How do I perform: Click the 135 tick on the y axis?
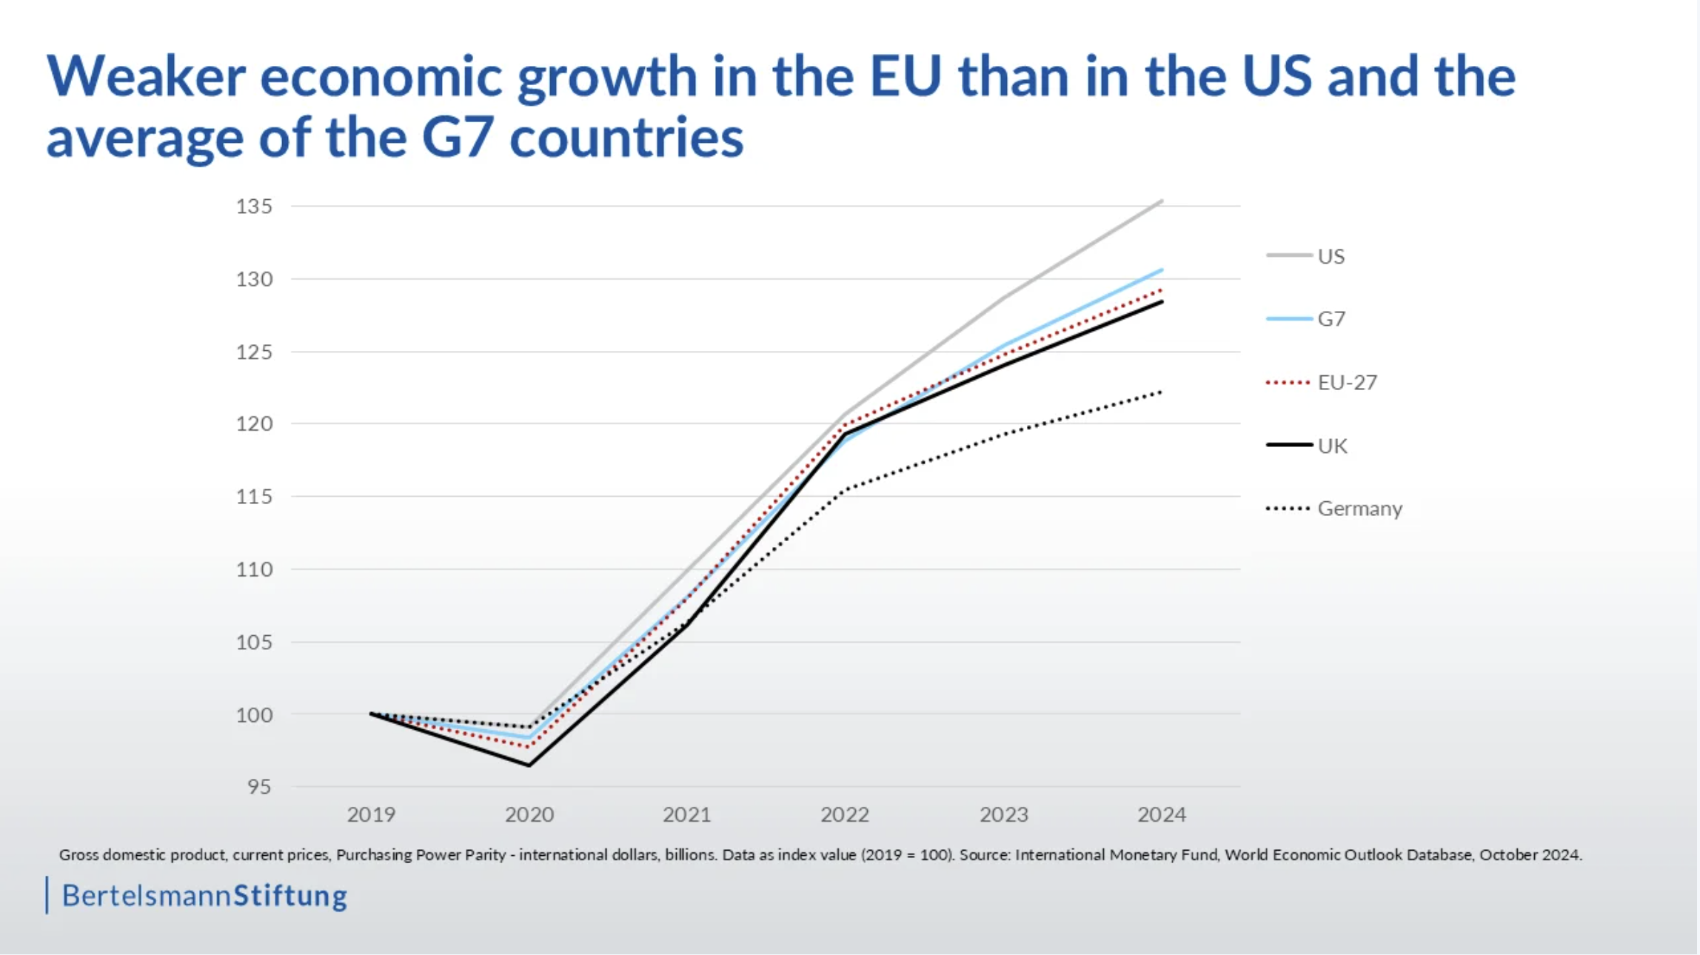pyautogui.click(x=254, y=206)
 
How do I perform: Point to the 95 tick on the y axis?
pyautogui.click(x=259, y=786)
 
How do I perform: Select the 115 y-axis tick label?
pyautogui.click(x=254, y=496)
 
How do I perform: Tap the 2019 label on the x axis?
pyautogui.click(x=371, y=814)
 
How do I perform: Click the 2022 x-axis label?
pyautogui.click(x=844, y=814)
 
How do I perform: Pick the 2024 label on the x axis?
pyautogui.click(x=1161, y=814)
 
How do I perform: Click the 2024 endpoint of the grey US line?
pyautogui.click(x=1162, y=201)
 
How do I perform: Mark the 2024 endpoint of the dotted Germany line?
pyautogui.click(x=1162, y=392)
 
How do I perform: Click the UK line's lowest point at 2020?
pyautogui.click(x=529, y=765)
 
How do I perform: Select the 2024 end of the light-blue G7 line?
pyautogui.click(x=1162, y=270)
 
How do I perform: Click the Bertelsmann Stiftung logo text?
pyautogui.click(x=204, y=896)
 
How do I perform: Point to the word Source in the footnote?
pyautogui.click(x=984, y=855)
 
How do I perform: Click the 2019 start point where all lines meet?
pyautogui.click(x=371, y=714)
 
